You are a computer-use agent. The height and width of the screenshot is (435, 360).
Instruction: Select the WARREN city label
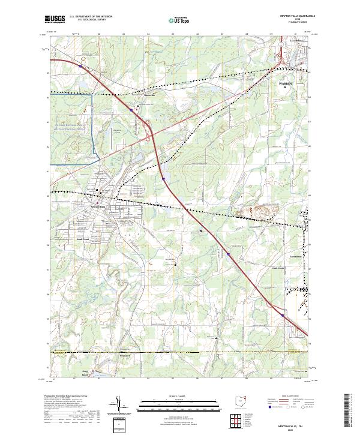[x=285, y=83]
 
